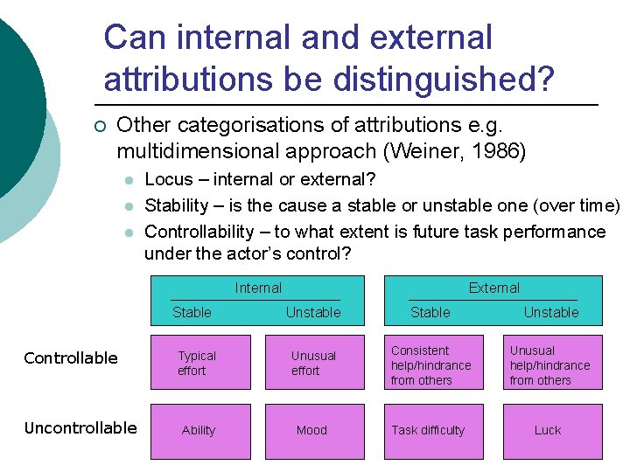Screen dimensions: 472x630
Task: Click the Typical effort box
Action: coord(200,363)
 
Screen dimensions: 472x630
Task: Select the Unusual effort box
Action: coord(314,363)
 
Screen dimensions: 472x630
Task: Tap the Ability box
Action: coord(200,430)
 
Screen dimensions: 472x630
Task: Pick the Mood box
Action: coord(314,430)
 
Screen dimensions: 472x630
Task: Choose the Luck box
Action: coord(551,430)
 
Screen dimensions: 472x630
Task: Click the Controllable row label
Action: coord(71,357)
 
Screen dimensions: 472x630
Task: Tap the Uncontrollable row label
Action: coord(80,427)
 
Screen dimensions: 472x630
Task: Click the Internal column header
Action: coord(258,288)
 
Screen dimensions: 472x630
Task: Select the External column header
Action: coord(493,288)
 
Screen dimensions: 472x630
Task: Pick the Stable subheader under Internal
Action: coord(192,312)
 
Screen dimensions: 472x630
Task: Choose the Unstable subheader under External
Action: coord(550,312)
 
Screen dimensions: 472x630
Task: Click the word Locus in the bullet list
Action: coord(168,180)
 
